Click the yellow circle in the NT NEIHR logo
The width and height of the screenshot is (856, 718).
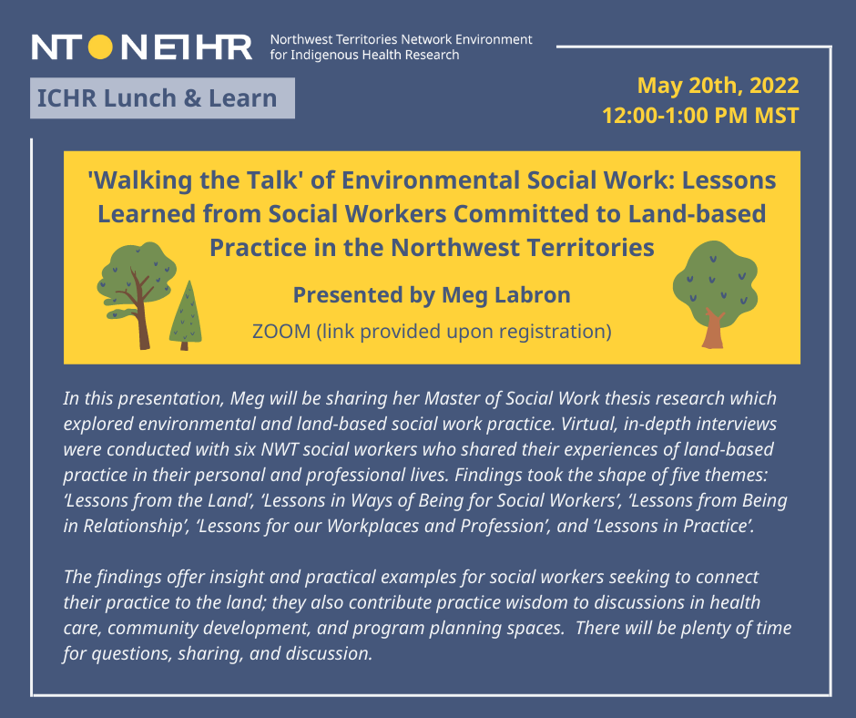[x=100, y=46]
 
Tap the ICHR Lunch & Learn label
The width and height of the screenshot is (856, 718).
[x=162, y=98]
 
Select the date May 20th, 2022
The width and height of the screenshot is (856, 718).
[x=718, y=86]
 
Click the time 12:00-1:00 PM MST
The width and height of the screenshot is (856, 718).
[x=700, y=116]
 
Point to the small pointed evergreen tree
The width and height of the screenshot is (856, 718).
[x=186, y=316]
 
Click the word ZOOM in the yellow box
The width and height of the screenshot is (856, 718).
[x=281, y=331]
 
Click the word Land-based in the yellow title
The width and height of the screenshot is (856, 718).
[x=698, y=213]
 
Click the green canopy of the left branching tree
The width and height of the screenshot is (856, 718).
[x=137, y=273]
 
